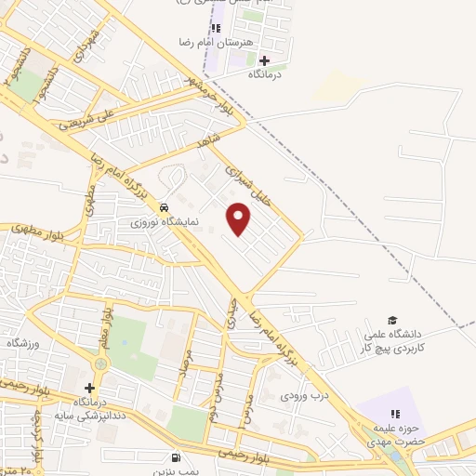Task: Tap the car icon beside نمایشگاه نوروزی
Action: pyautogui.click(x=165, y=207)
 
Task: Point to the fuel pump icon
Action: pyautogui.click(x=176, y=457)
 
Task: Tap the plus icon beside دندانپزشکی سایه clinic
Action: pyautogui.click(x=90, y=388)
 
